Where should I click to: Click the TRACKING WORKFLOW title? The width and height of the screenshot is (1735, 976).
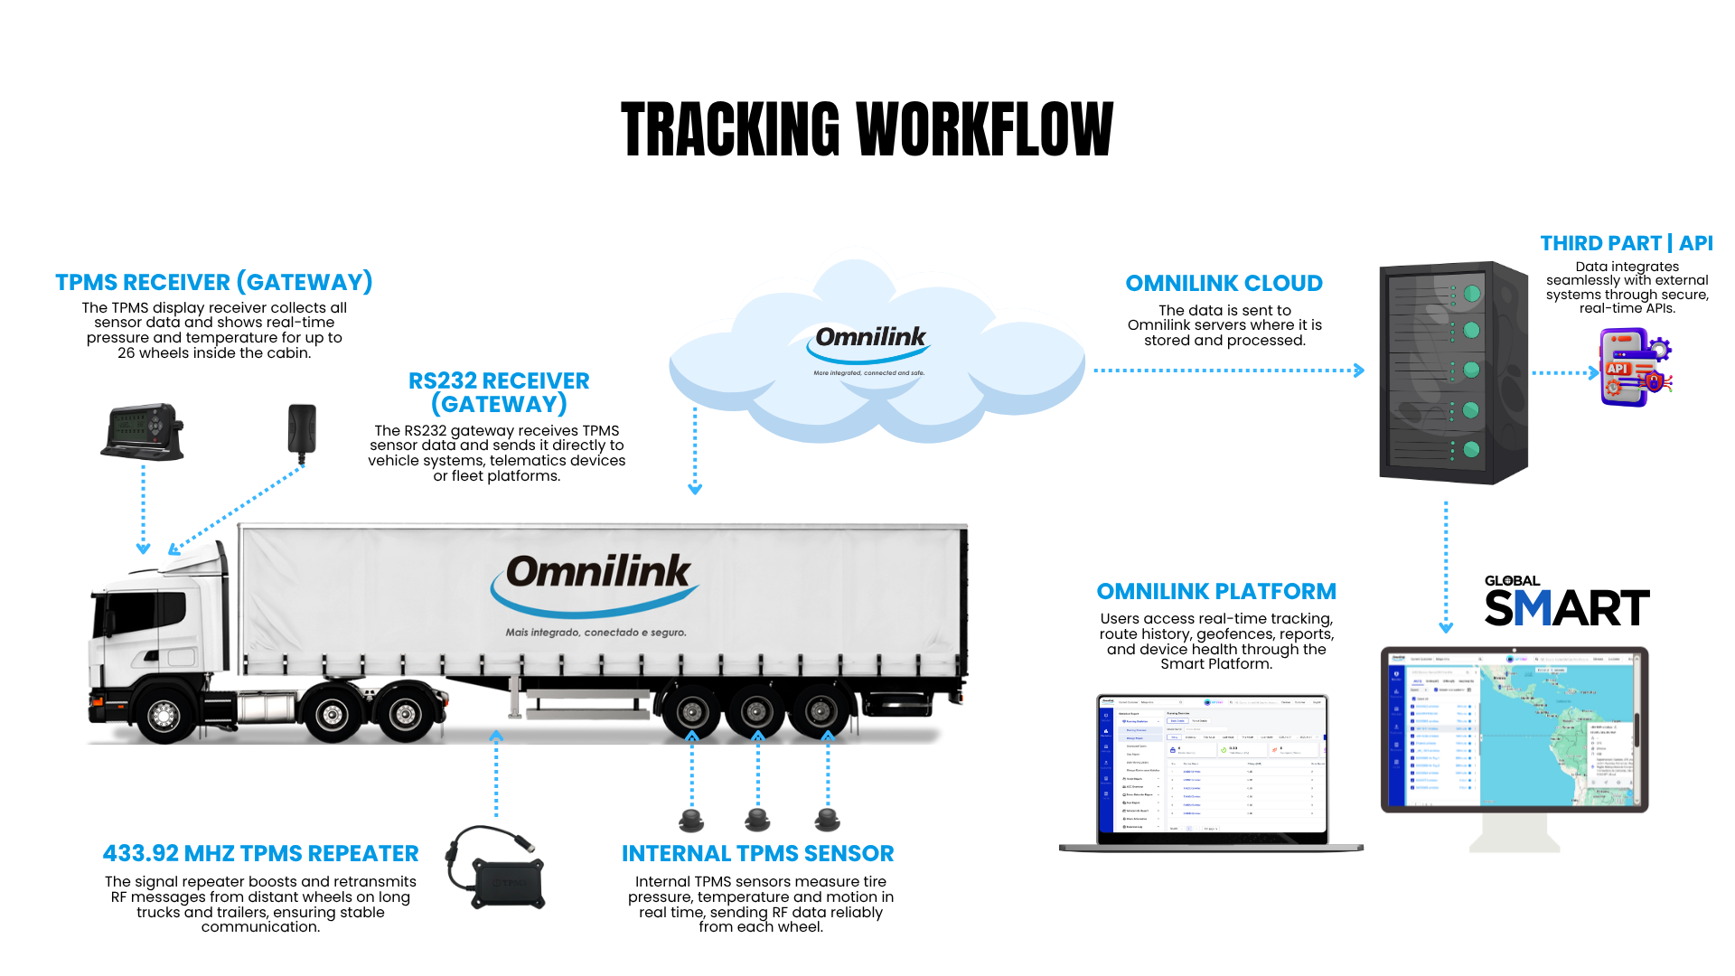click(x=867, y=129)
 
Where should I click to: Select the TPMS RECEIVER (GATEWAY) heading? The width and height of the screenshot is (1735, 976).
click(x=214, y=282)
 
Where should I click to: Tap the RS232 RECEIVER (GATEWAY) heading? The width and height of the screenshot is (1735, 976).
click(x=499, y=392)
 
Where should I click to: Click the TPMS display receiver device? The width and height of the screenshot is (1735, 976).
click(x=143, y=431)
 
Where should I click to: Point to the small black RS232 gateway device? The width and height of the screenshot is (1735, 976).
click(x=302, y=428)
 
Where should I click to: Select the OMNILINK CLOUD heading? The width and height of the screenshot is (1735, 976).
click(x=1224, y=283)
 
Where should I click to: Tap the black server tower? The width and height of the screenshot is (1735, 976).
click(x=1452, y=372)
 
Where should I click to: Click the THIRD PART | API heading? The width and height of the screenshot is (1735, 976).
click(x=1627, y=243)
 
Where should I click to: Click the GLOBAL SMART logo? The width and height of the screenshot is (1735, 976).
click(x=1566, y=601)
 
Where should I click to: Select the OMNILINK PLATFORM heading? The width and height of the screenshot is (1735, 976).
click(x=1216, y=591)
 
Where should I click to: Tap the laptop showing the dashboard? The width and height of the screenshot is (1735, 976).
click(x=1212, y=770)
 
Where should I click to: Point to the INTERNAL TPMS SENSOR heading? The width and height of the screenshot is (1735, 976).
click(x=757, y=853)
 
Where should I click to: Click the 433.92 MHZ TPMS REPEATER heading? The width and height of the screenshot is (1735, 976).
click(x=260, y=853)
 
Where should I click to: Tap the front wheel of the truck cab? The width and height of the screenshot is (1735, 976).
click(x=164, y=715)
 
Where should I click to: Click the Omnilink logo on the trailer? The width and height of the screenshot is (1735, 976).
click(x=596, y=578)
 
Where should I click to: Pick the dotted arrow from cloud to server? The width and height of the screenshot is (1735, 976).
click(x=1228, y=371)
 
